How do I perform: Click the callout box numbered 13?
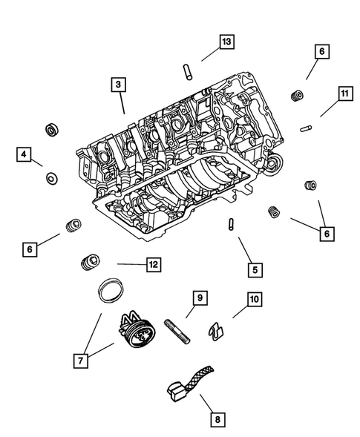[226, 42]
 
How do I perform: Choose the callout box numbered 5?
[254, 270]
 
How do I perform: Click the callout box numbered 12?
[153, 263]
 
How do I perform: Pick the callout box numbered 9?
[199, 298]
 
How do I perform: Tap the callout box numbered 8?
[217, 419]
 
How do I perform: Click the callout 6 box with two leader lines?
[324, 234]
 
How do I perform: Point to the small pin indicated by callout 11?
[305, 128]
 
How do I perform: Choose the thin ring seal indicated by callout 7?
[109, 290]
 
